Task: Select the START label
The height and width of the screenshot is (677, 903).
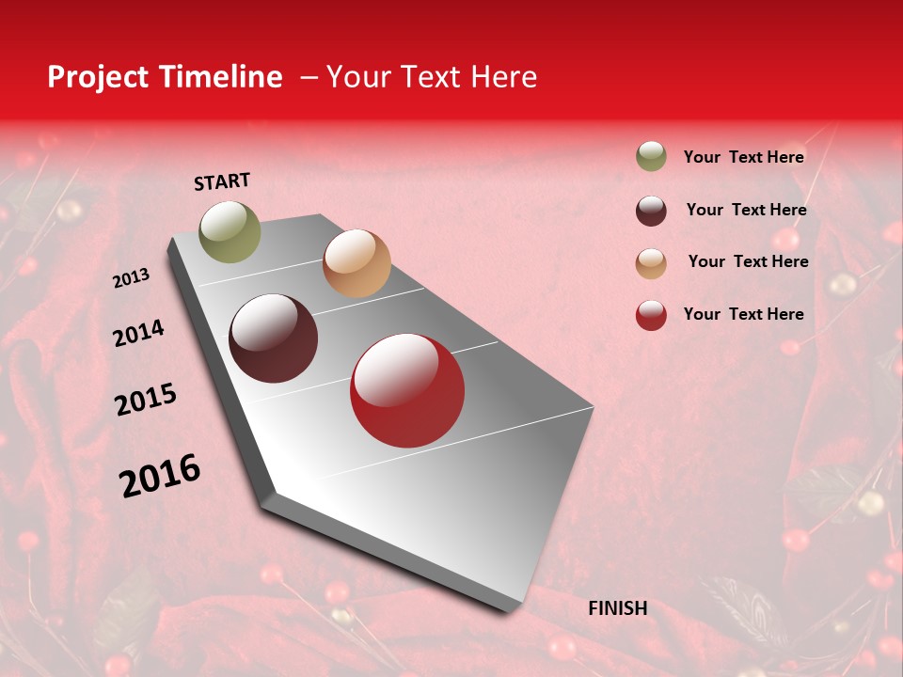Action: pyautogui.click(x=222, y=181)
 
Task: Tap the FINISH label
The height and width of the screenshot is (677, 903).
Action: pyautogui.click(x=618, y=608)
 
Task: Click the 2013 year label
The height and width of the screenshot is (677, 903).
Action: pyautogui.click(x=131, y=277)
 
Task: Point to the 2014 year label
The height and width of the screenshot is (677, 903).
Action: pyautogui.click(x=138, y=333)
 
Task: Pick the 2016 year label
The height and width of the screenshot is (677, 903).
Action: pyautogui.click(x=160, y=475)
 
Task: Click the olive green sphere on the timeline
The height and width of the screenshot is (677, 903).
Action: pyautogui.click(x=230, y=231)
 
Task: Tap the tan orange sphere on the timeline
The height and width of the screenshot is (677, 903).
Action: pyautogui.click(x=356, y=263)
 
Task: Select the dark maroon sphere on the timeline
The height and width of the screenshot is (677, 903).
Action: pyautogui.click(x=274, y=338)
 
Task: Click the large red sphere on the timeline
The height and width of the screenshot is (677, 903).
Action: pyautogui.click(x=407, y=390)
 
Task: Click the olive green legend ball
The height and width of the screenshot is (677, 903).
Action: pyautogui.click(x=651, y=156)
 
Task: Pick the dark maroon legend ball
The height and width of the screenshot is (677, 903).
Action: pyautogui.click(x=651, y=211)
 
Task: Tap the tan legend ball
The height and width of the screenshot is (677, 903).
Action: pyautogui.click(x=651, y=263)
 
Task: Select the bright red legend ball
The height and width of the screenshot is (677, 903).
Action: pyautogui.click(x=651, y=315)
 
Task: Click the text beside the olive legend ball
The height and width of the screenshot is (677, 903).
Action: pyautogui.click(x=743, y=157)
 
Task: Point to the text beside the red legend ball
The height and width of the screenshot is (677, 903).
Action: pyautogui.click(x=743, y=314)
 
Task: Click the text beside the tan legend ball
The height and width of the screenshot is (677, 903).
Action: pyautogui.click(x=748, y=261)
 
